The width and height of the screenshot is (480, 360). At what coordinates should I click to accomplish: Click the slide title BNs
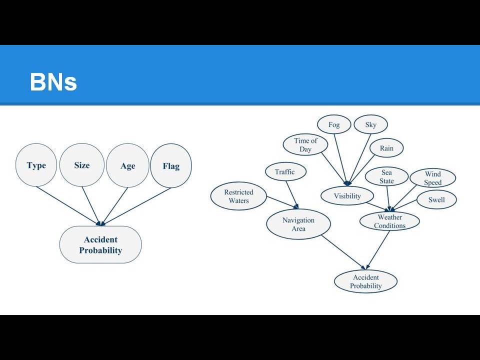[x=53, y=81]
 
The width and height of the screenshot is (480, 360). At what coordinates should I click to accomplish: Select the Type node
[x=36, y=165]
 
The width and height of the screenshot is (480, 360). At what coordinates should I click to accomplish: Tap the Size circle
[x=81, y=165]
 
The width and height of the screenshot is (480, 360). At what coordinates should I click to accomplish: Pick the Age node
[x=127, y=165]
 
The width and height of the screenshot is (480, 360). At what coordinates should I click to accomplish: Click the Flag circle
[x=171, y=165]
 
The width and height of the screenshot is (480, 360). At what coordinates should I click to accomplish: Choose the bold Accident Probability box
[x=100, y=244]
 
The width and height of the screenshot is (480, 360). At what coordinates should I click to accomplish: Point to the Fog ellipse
[x=334, y=124]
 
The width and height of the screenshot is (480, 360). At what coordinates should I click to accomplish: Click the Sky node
[x=370, y=124]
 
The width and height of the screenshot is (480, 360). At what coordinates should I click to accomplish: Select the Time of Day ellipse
[x=305, y=145]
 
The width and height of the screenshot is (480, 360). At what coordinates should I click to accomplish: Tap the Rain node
[x=386, y=148]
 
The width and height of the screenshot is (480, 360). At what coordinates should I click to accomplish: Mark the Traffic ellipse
[x=285, y=171]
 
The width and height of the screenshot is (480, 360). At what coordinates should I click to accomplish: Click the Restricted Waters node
[x=238, y=196]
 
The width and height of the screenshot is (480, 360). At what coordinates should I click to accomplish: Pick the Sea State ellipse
[x=386, y=176]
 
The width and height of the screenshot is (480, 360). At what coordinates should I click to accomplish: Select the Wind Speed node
[x=433, y=178]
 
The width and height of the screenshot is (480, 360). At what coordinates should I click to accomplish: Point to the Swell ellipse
[x=436, y=200]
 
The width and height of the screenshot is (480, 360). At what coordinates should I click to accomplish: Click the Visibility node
[x=347, y=196]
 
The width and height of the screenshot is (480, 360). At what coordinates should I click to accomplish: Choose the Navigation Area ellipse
[x=298, y=224]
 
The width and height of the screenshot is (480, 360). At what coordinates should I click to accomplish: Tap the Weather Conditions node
[x=389, y=221]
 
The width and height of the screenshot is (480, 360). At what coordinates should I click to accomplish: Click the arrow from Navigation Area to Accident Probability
[x=343, y=252]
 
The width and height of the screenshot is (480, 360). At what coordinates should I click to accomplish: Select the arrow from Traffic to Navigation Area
[x=292, y=195]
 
